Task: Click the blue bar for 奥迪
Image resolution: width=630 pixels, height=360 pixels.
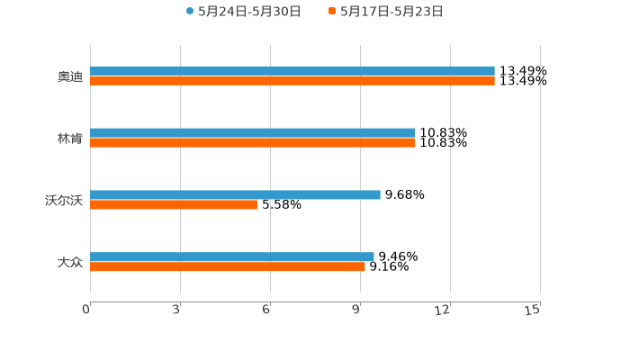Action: point(292,70)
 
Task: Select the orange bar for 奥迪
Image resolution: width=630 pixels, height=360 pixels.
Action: point(292,81)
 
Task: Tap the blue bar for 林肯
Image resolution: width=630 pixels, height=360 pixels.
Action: point(252,132)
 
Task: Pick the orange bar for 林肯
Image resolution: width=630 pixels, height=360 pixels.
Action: point(252,143)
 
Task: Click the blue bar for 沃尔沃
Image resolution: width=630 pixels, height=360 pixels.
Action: point(235,194)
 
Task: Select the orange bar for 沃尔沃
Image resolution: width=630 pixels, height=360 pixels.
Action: point(174,205)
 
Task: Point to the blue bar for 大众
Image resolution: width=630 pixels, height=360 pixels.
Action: point(232,256)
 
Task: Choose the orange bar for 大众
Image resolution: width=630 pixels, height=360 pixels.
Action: point(228,267)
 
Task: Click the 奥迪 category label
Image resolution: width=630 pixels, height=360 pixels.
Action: point(69,76)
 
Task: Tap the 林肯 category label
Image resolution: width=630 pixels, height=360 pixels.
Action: point(69,139)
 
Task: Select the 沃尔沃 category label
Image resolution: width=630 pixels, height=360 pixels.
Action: point(63,201)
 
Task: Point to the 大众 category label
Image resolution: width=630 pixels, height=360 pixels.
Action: point(69,263)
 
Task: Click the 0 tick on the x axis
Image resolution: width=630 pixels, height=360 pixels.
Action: point(86,310)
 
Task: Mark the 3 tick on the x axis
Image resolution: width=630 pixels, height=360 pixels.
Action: point(176,310)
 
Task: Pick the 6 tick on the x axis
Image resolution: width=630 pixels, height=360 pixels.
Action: point(266,310)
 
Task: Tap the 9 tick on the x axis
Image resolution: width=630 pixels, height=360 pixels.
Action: point(356,310)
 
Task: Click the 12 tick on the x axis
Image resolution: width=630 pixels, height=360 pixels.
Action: point(443,310)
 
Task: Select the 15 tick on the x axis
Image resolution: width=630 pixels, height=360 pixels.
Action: point(533,310)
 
